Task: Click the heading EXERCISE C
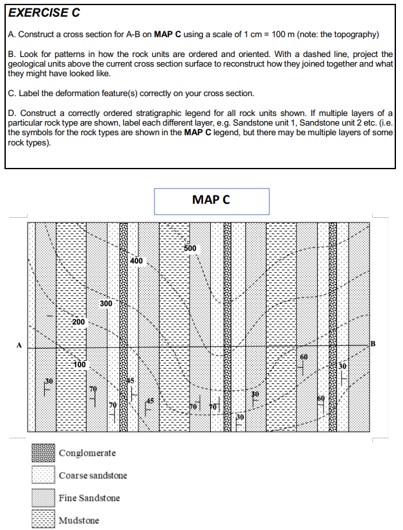[44, 12]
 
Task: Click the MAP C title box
[211, 201]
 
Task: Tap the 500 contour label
[191, 248]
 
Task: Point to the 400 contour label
[136, 261]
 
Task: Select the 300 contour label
[106, 302]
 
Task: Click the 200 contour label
[78, 320]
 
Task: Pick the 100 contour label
[79, 364]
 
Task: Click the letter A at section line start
[19, 346]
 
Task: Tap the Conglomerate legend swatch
[44, 454]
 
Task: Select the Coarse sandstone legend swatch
[44, 476]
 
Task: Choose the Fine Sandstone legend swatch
[44, 498]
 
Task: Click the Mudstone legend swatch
[44, 520]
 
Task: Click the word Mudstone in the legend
[79, 520]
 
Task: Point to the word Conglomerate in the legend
[87, 454]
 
